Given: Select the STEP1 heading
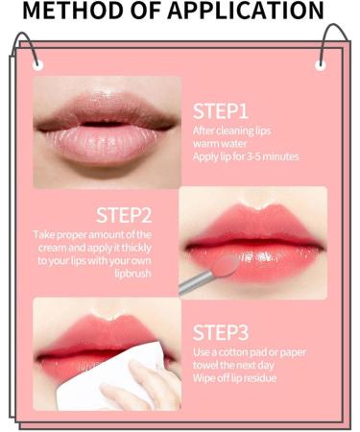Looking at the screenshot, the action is [x=221, y=111].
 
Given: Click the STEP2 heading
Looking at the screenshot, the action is [x=124, y=215].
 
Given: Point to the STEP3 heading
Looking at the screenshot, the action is [x=221, y=332].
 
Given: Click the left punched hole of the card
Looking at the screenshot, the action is [x=37, y=65].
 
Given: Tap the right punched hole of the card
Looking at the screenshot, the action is [x=321, y=65].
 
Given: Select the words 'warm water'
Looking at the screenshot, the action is [x=220, y=143].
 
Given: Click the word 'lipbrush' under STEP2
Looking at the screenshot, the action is [x=132, y=274].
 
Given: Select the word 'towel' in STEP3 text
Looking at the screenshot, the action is [x=205, y=366].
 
